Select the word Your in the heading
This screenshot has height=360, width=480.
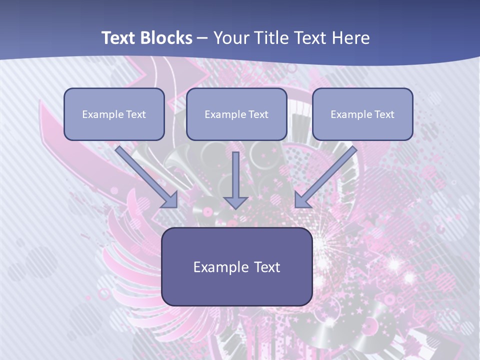[230, 38]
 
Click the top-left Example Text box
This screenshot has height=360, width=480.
[114, 114]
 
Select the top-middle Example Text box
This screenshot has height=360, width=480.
[236, 114]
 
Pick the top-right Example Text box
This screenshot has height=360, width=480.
[362, 114]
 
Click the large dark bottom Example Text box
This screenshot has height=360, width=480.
[237, 266]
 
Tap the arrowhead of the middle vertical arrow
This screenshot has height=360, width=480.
[235, 202]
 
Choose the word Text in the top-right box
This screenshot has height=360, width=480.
[384, 114]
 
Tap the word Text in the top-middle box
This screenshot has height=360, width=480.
[258, 114]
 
